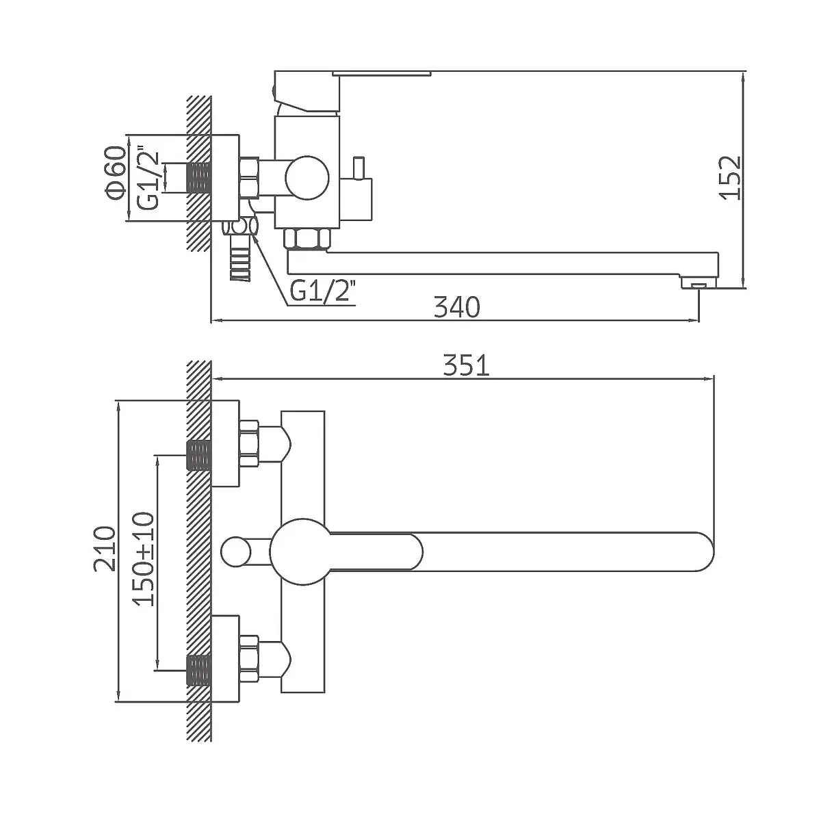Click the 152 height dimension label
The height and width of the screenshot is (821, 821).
point(729,178)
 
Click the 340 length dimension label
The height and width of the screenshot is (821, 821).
point(457,307)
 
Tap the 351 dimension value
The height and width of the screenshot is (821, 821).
point(466,365)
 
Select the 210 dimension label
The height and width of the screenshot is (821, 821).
point(105,548)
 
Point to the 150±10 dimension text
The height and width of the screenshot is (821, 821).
point(143,558)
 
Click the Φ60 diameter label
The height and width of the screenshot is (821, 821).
point(115,173)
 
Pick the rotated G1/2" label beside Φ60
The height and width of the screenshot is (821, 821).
point(148,180)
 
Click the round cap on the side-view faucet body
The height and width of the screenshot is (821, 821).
point(307,178)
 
